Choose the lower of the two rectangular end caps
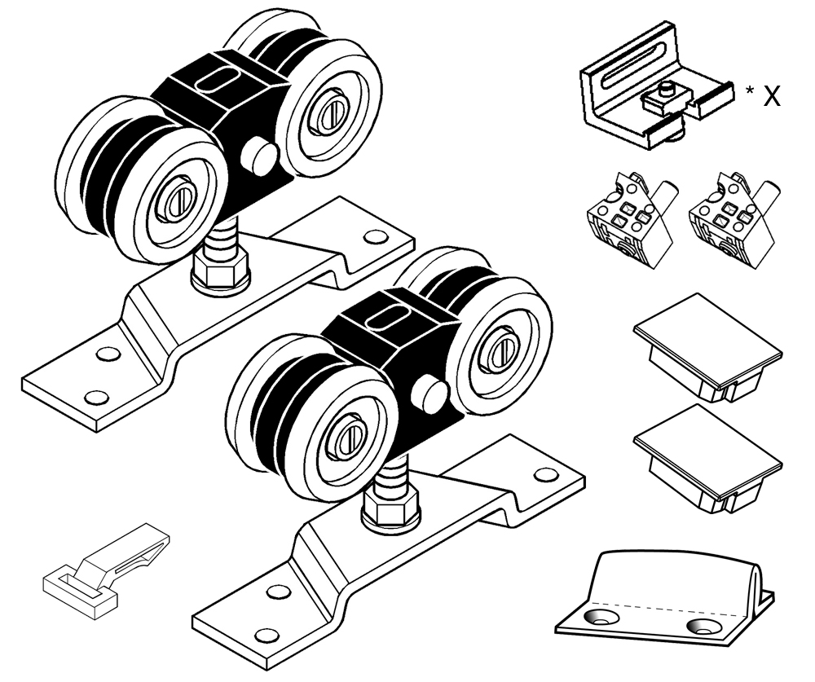707,457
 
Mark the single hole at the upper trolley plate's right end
376,237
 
